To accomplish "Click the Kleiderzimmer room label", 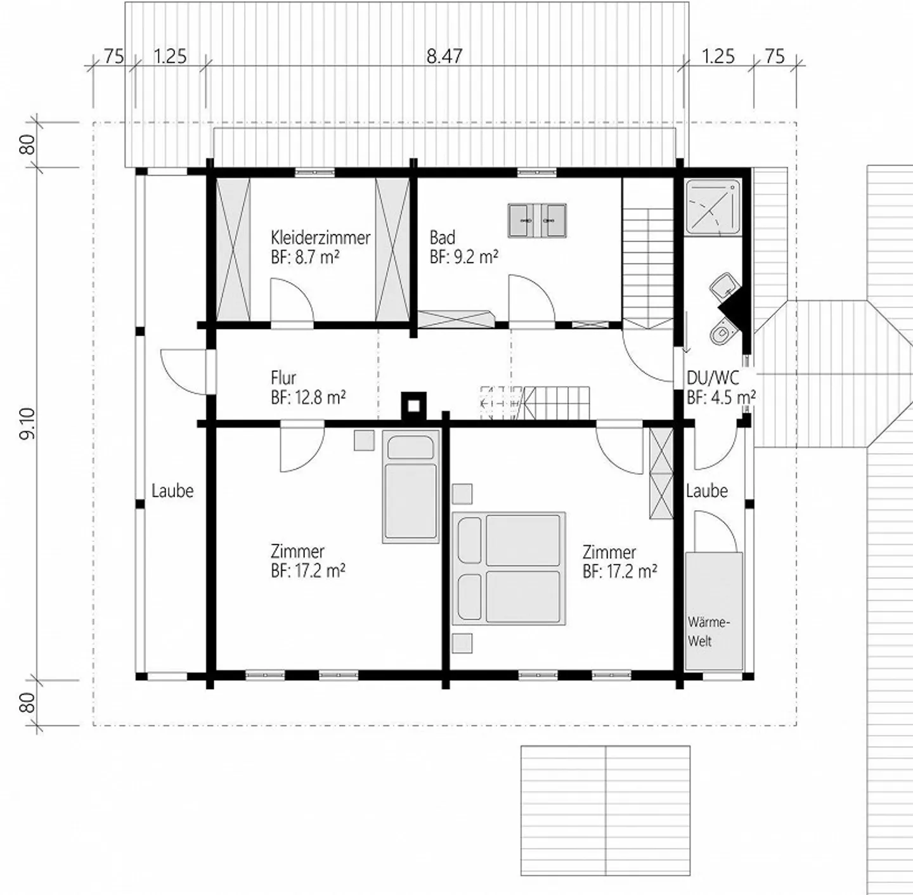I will click(x=320, y=238).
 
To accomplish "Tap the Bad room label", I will click(x=442, y=238).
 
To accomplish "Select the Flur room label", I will click(x=283, y=378).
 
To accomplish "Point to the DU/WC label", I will click(x=713, y=378).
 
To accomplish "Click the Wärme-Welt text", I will click(x=708, y=631).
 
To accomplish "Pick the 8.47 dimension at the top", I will click(x=444, y=56).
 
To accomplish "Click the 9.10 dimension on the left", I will click(x=28, y=424).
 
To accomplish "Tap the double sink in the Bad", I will click(x=536, y=221).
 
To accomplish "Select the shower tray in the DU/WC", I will click(x=713, y=207).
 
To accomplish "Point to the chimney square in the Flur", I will click(x=413, y=405).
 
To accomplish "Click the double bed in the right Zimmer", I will click(x=508, y=568).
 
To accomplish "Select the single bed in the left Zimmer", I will click(x=411, y=486).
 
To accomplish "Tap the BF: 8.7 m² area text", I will click(x=304, y=257).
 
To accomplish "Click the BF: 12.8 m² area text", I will click(x=308, y=398).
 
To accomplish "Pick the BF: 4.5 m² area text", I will click(x=721, y=398).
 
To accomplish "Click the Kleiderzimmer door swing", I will click(x=290, y=302).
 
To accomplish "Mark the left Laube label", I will click(x=172, y=491).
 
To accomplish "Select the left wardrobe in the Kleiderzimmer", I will click(x=233, y=250).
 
